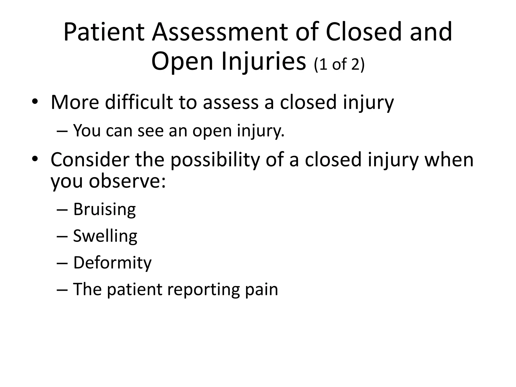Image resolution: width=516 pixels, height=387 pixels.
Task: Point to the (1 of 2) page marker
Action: click(x=339, y=64)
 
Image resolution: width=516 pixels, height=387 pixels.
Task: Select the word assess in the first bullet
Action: click(x=231, y=102)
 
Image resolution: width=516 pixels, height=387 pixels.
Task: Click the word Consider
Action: click(x=90, y=159)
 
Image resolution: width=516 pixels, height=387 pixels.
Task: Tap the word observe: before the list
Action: click(x=127, y=181)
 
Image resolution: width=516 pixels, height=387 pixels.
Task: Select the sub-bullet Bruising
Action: click(x=105, y=209)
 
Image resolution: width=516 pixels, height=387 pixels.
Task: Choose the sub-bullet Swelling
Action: click(x=105, y=236)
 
